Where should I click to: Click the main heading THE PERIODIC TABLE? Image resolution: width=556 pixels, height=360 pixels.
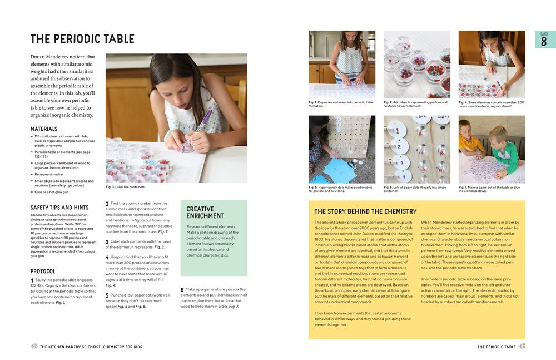[82, 39]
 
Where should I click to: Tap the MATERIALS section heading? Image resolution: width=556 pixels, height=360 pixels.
[44, 129]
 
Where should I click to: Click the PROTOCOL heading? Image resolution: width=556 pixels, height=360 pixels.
[43, 272]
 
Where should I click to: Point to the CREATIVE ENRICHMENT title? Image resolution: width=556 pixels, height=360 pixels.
[205, 213]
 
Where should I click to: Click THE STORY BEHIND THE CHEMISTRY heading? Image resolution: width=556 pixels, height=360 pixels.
[365, 211]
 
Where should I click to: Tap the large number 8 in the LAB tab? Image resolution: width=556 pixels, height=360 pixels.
[544, 42]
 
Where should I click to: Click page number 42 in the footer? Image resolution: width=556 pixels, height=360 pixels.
[34, 347]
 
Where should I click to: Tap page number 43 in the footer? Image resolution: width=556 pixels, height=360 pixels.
[522, 347]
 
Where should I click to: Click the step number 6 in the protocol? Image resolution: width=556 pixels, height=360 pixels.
[182, 290]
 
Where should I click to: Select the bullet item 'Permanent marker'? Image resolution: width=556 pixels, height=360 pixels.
[49, 174]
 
